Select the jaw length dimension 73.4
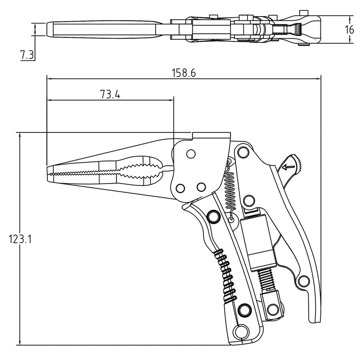pos(110,94)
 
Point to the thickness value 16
pos(349,30)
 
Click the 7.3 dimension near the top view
pos(27,55)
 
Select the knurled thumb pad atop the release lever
pos(296,159)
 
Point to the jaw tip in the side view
pos(49,173)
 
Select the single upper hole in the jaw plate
pos(190,154)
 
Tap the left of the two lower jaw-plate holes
pos(181,187)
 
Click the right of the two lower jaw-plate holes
pos(201,186)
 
